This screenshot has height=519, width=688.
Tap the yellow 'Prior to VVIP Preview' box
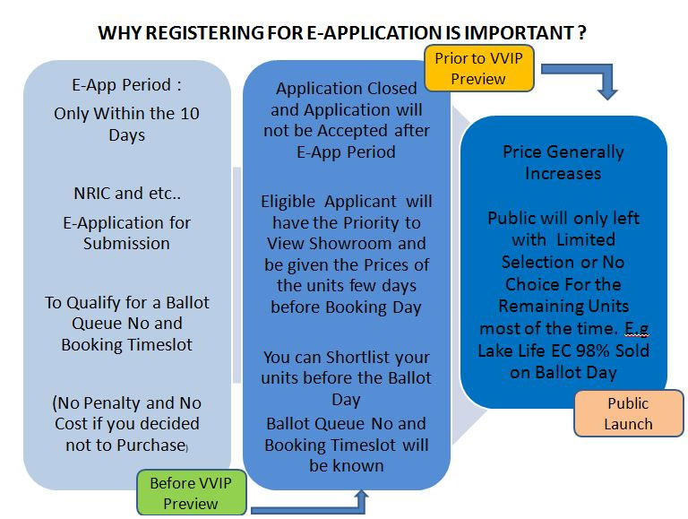click(x=479, y=68)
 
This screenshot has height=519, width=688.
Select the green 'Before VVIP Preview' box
click(x=192, y=493)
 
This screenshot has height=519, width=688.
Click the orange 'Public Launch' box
click(x=628, y=413)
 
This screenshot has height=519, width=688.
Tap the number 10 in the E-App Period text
click(x=190, y=113)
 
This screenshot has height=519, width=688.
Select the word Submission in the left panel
click(x=126, y=243)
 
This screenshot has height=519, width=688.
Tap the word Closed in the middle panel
click(x=391, y=89)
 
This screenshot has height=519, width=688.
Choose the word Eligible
click(x=288, y=202)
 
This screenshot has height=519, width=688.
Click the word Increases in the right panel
click(x=563, y=173)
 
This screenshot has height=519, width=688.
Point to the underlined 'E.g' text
click(x=637, y=328)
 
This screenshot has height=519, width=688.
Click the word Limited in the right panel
click(x=586, y=239)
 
